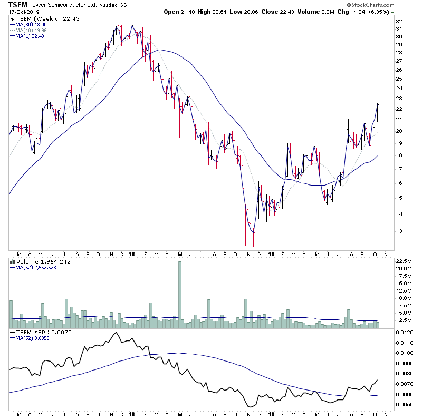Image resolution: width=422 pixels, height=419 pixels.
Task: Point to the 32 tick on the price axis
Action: (399, 22)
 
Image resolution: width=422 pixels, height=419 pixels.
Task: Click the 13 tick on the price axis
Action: (399, 231)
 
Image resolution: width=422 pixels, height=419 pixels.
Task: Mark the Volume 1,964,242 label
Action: (37, 261)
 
